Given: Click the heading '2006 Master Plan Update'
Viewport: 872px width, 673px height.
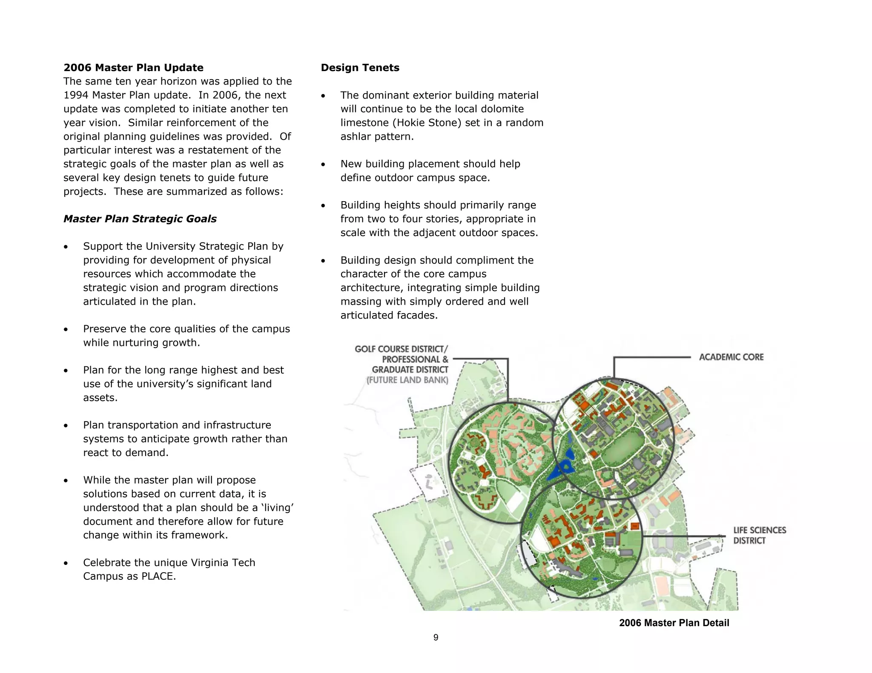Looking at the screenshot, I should (x=133, y=68).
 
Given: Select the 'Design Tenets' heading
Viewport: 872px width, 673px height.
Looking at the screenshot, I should (x=360, y=68).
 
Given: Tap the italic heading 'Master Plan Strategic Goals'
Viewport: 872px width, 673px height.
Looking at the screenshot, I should (x=140, y=219).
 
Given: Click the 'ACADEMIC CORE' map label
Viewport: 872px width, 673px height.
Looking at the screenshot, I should (x=731, y=357).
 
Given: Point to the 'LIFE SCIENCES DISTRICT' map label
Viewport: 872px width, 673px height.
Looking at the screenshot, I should (x=759, y=535).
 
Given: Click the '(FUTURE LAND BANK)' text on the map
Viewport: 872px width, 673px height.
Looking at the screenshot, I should (x=407, y=380).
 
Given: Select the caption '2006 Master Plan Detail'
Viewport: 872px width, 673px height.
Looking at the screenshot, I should (x=674, y=623).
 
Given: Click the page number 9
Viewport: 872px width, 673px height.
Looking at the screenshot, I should (x=436, y=637).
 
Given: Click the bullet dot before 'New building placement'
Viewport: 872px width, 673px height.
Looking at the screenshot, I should (x=323, y=165).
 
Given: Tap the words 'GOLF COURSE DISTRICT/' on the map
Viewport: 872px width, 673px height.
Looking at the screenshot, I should (x=401, y=349).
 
